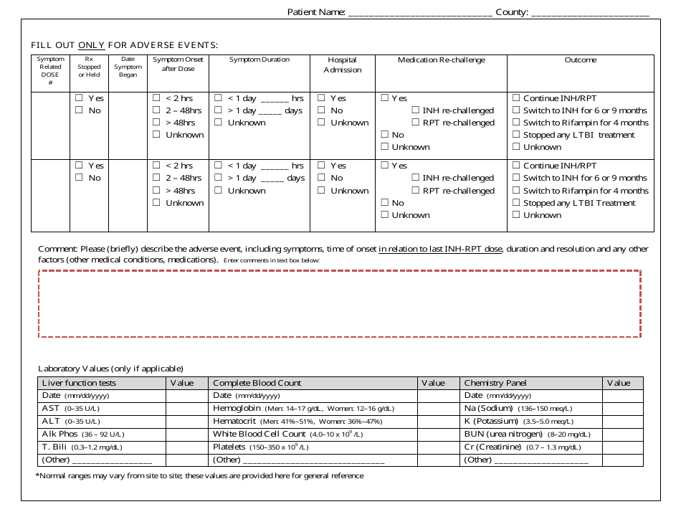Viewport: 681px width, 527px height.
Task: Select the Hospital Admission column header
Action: (342, 65)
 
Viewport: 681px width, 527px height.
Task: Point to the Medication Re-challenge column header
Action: (441, 60)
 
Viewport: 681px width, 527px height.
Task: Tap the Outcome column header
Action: (580, 60)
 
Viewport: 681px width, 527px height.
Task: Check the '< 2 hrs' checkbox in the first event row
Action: (156, 98)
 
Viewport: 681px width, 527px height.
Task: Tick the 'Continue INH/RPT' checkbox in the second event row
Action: (515, 166)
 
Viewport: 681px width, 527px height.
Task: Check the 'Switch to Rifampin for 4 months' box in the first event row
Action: (515, 123)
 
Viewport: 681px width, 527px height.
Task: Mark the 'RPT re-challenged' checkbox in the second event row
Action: (416, 191)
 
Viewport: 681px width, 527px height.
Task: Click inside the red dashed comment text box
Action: (339, 303)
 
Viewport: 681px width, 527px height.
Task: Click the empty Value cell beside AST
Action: (187, 408)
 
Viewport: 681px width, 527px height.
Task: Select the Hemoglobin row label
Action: (236, 408)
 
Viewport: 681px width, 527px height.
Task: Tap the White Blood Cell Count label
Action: (259, 434)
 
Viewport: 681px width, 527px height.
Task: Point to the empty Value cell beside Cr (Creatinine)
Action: (622, 447)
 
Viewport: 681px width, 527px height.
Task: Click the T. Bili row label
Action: (54, 447)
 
